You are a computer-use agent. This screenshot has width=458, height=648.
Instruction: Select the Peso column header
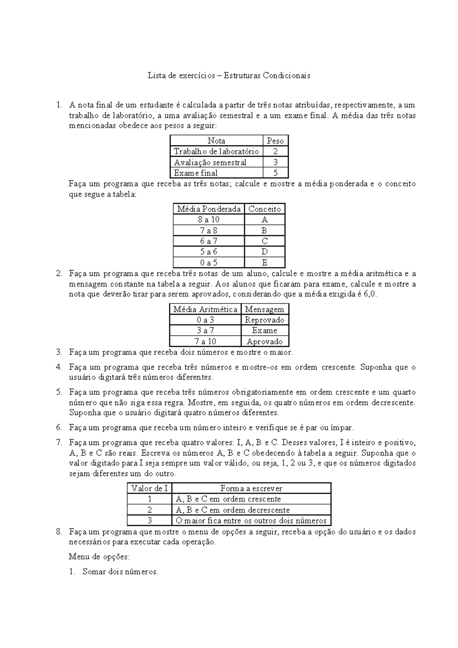click(x=275, y=141)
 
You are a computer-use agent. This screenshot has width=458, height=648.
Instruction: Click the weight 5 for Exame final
click(x=275, y=173)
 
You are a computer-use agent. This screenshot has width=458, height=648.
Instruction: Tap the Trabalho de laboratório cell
click(x=216, y=152)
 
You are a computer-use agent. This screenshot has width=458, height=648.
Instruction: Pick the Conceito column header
click(x=264, y=209)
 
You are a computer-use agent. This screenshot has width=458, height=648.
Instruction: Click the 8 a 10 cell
click(x=208, y=219)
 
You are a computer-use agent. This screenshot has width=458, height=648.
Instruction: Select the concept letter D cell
click(x=264, y=252)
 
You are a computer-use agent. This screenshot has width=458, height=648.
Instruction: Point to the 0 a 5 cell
click(x=208, y=263)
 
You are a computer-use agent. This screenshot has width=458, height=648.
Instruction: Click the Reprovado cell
click(x=264, y=320)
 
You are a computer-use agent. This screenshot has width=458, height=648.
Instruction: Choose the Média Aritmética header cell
click(x=205, y=309)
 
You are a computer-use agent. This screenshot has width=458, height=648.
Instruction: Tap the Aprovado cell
click(x=264, y=342)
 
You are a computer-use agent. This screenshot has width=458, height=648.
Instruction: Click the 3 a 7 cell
click(x=205, y=330)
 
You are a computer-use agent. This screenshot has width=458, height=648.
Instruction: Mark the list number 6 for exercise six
click(x=59, y=427)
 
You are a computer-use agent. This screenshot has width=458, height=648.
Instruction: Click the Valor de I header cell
click(x=150, y=488)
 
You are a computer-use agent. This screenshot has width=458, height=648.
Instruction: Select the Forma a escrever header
click(x=251, y=488)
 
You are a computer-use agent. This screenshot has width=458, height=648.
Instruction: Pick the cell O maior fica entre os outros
click(x=251, y=521)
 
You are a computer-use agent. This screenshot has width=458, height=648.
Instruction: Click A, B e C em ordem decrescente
click(x=233, y=510)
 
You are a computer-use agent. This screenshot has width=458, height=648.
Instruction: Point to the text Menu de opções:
click(x=99, y=557)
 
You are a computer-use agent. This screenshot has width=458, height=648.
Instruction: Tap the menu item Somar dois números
click(x=120, y=572)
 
